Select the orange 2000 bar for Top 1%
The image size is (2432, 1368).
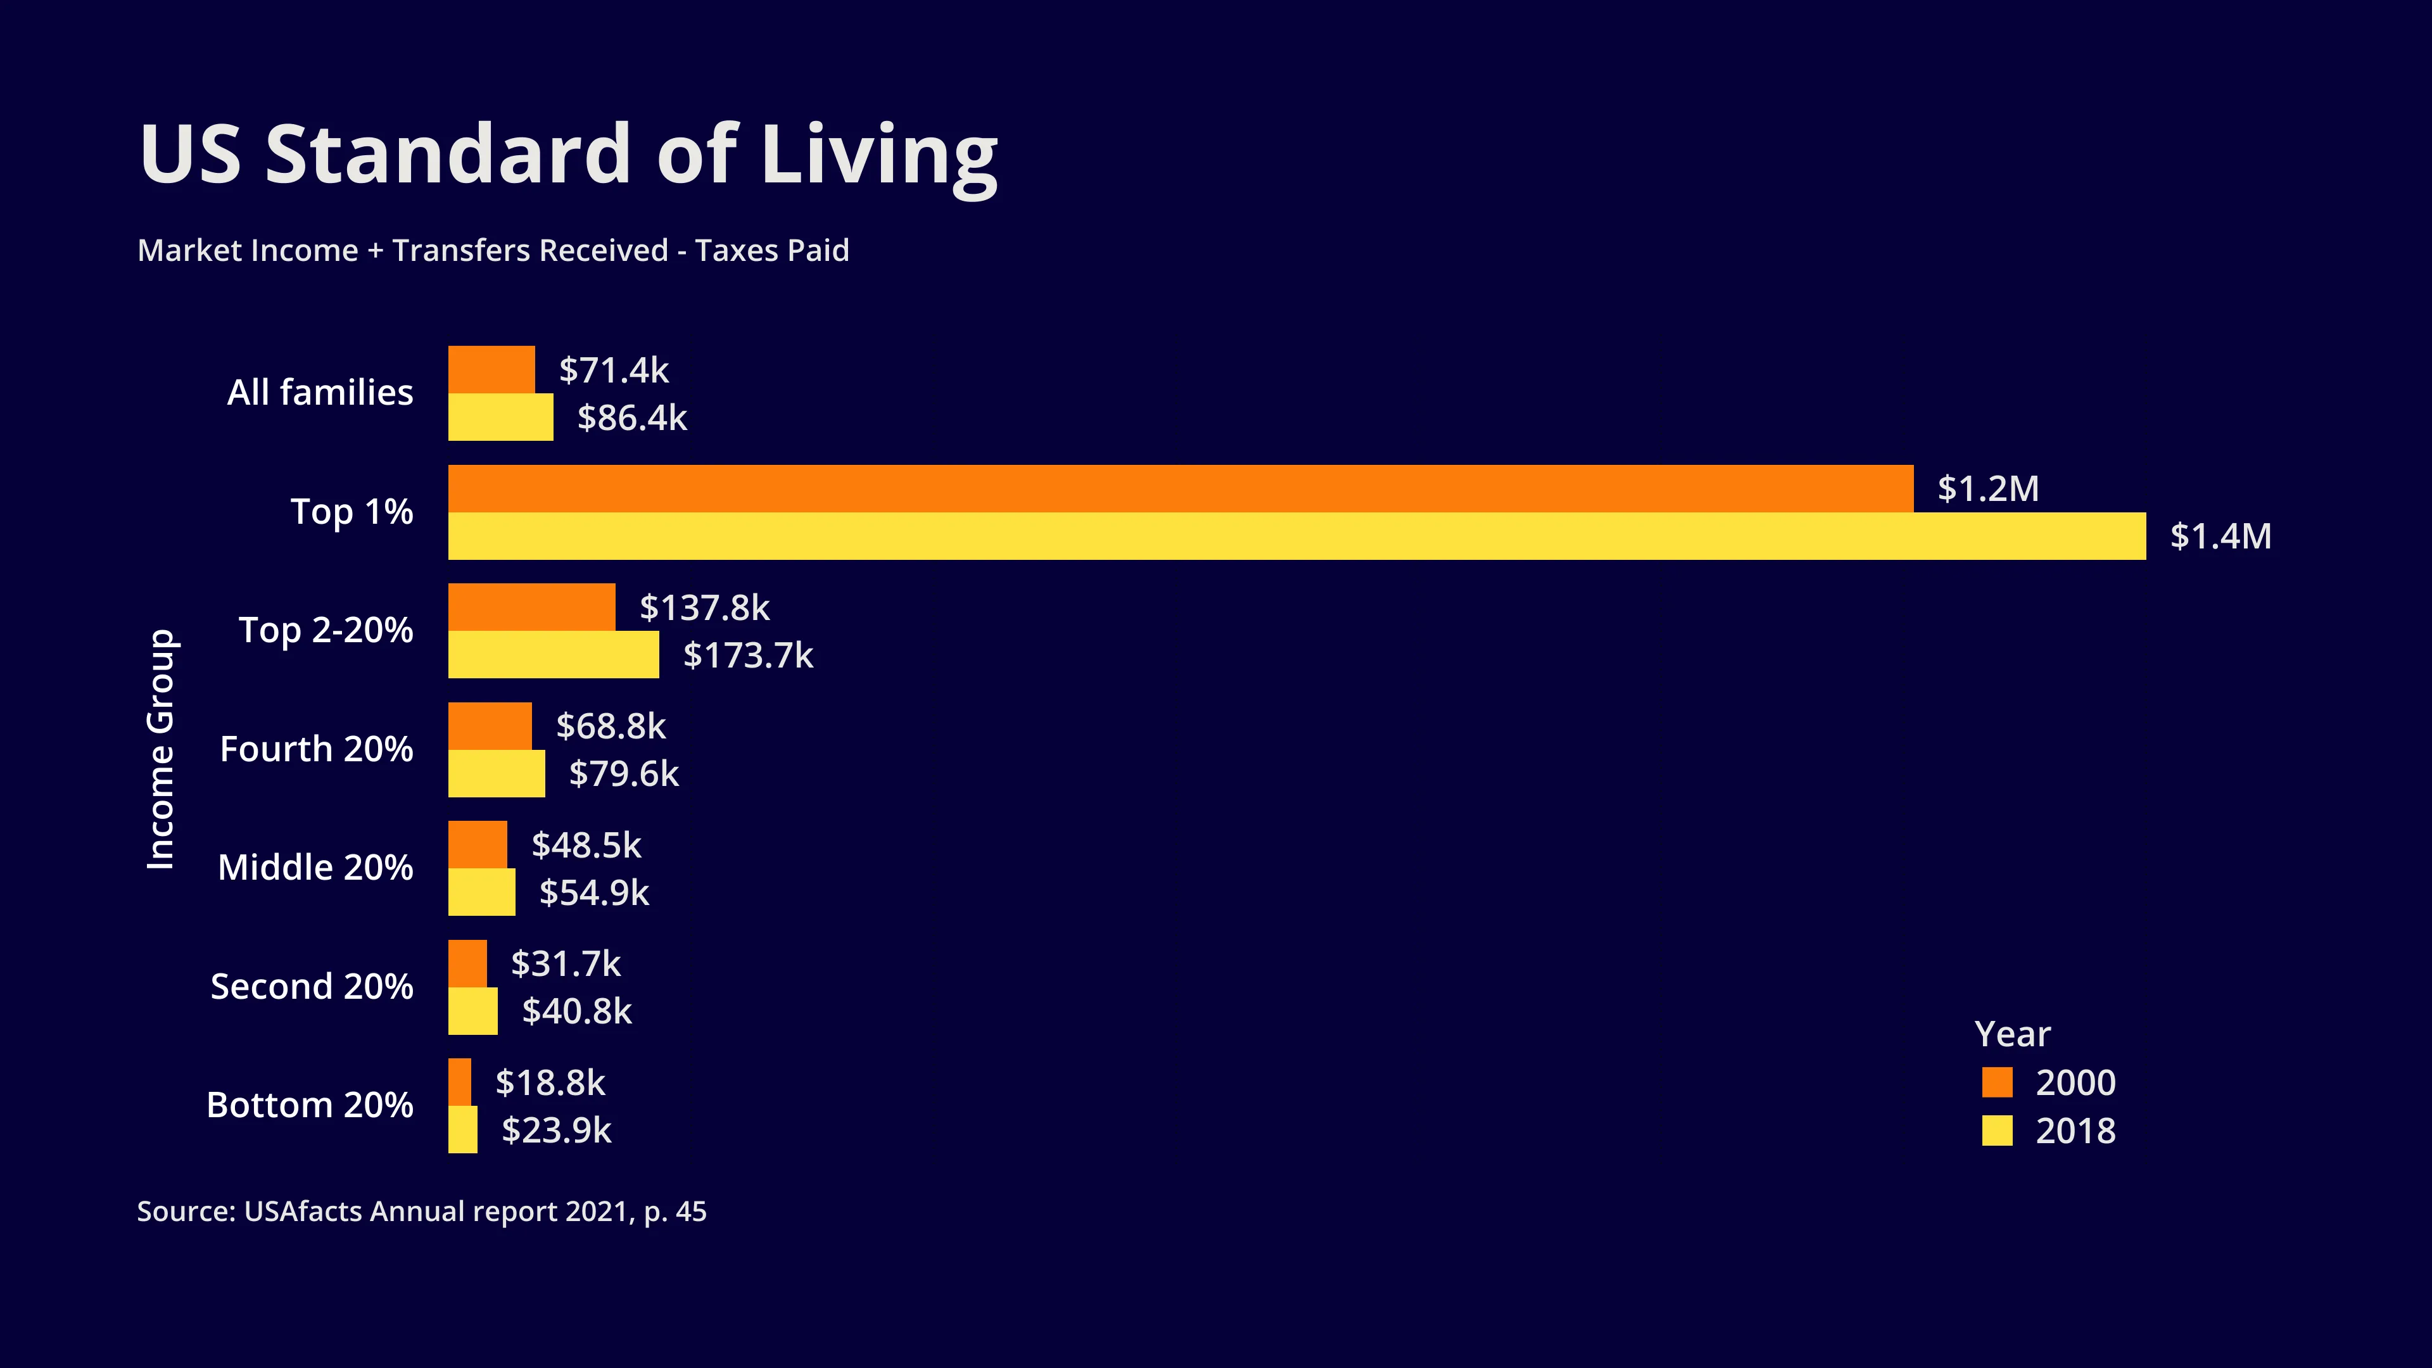click(1180, 488)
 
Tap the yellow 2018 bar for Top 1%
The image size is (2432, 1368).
click(1296, 536)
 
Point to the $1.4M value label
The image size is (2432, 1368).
click(2220, 536)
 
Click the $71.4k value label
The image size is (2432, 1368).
click(614, 370)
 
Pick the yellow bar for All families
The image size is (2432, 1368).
click(500, 417)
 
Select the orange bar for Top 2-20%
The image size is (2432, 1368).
click(531, 607)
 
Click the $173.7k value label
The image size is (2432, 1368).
click(748, 655)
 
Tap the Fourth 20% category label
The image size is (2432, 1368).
click(316, 749)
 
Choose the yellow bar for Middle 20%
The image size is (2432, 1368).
click(481, 892)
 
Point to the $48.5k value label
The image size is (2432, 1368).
click(586, 845)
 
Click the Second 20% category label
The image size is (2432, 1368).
click(312, 987)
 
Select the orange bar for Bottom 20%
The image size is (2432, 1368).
click(460, 1082)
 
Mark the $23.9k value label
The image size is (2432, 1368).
click(556, 1130)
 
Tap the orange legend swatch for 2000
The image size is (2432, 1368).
click(1997, 1082)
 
